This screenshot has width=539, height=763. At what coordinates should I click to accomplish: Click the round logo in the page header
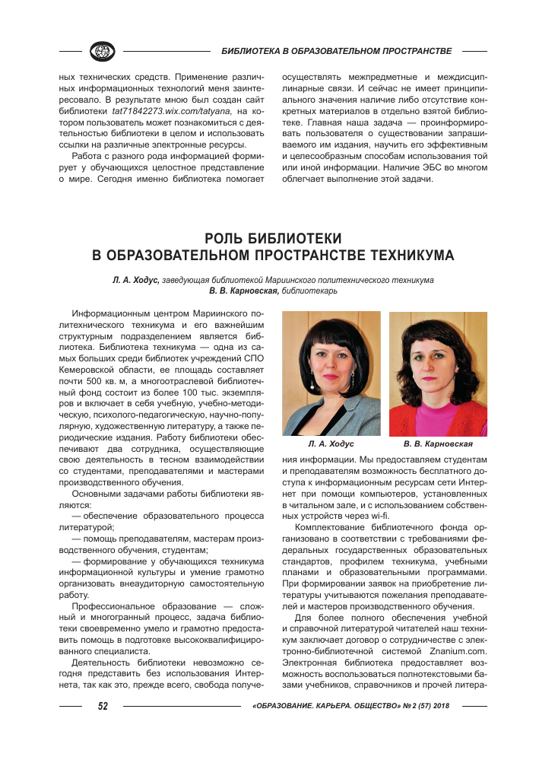pos(101,51)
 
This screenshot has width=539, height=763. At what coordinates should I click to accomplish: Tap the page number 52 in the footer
pos(103,706)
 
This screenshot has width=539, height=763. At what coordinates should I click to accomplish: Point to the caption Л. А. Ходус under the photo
pos(331,443)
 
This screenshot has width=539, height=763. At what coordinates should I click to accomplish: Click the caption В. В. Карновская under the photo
pos(438,443)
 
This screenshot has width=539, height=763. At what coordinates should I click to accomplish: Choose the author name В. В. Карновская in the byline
pos(243,291)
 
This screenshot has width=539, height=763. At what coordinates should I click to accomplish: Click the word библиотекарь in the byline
pos(309,291)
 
